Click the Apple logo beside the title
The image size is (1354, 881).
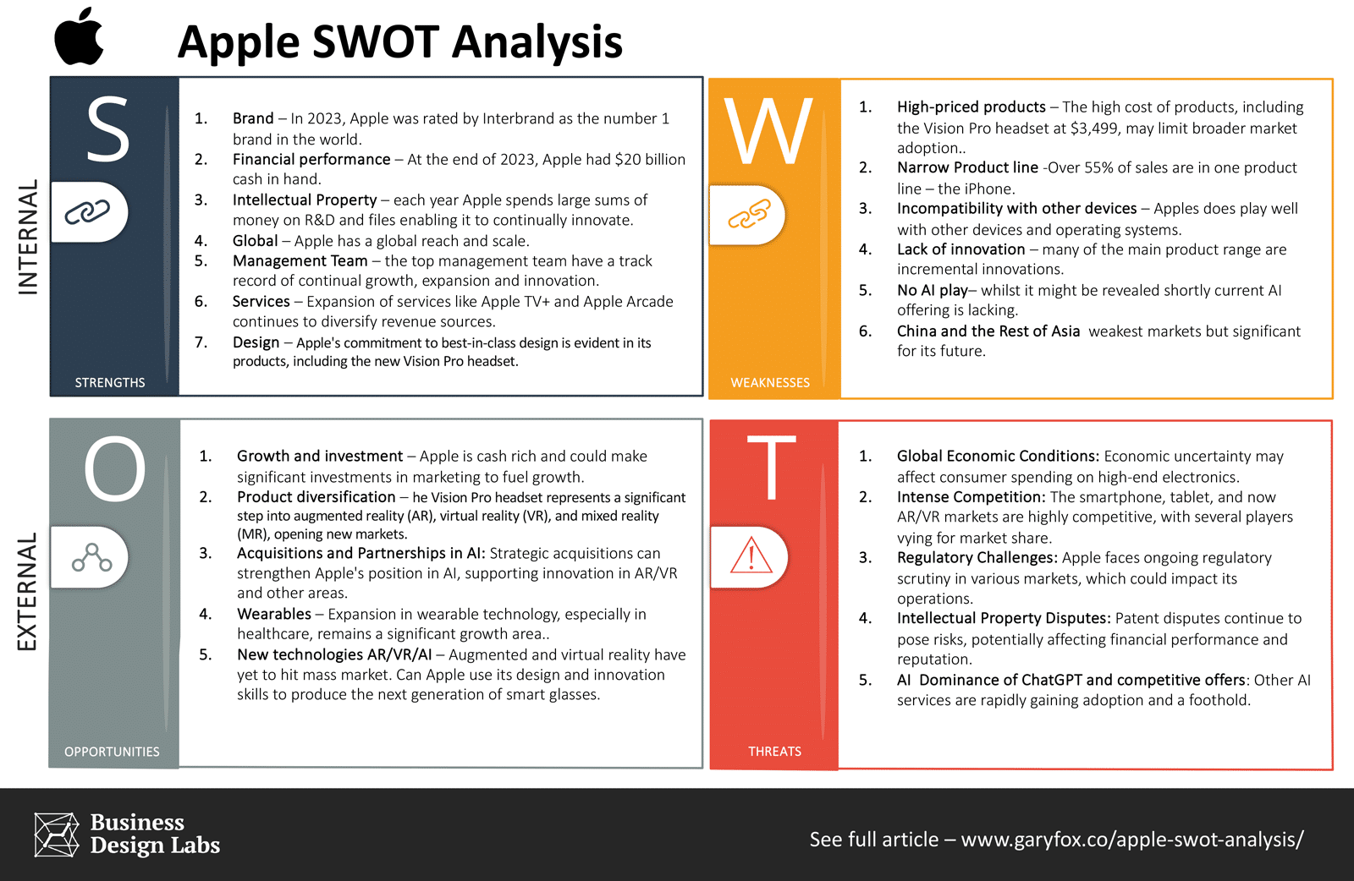79,36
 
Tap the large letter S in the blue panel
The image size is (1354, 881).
108,129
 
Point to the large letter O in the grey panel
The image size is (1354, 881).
115,469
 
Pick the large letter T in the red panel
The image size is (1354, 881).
771,468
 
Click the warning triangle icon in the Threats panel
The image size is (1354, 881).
751,555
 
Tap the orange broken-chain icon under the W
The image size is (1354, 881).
750,215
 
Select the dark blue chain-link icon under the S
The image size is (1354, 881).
88,212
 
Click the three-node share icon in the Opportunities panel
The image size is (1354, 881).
92,557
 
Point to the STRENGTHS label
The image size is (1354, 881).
110,382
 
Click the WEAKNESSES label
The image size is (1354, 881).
770,382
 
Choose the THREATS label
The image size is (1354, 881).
775,751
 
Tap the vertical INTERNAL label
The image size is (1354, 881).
29,237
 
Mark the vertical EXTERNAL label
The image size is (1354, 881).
27,591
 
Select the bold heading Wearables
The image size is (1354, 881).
274,614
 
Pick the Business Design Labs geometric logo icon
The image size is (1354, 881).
57,834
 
